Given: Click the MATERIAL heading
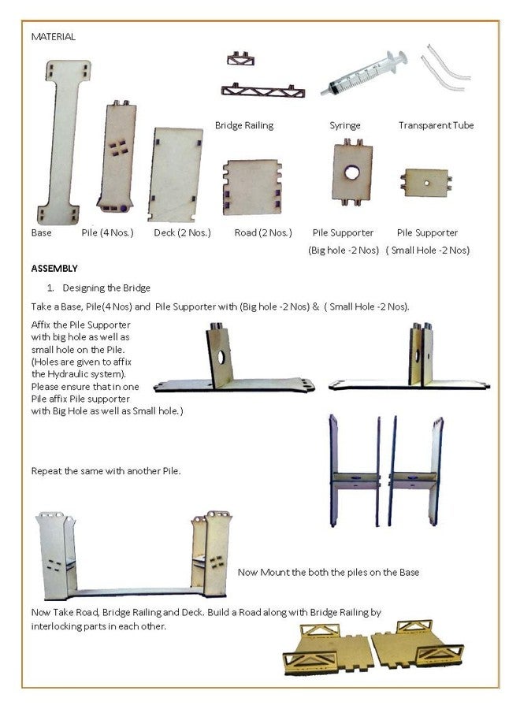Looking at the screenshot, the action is (54, 36).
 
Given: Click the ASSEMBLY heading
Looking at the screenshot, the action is (54, 268).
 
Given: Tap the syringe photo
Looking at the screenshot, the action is (363, 72).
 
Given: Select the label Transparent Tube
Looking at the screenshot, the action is (436, 125).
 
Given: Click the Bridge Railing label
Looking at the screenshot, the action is (244, 125).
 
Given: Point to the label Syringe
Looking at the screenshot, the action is (345, 126).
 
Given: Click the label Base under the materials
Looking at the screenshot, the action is (41, 233).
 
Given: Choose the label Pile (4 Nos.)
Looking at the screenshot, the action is (108, 233).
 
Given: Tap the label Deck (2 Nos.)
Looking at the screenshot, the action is (182, 233).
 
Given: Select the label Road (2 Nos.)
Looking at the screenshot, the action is (263, 233).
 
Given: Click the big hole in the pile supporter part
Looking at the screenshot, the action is (352, 173).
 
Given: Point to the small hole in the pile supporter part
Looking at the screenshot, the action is (426, 183).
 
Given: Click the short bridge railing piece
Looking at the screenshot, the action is (240, 59).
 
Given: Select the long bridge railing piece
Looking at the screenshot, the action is (262, 91).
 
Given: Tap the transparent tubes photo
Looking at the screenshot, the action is (444, 68).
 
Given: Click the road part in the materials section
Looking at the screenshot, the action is (252, 187).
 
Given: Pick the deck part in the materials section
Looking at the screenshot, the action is (175, 175).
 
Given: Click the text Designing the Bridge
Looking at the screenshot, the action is (106, 288).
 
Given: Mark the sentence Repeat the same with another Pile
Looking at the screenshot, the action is (106, 471).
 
